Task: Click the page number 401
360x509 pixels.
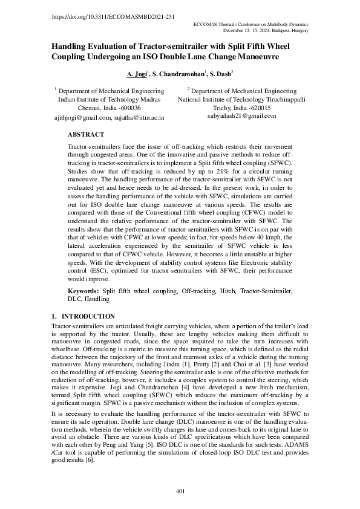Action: pos(180,491)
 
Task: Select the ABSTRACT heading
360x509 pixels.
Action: pos(86,135)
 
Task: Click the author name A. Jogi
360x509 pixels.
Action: pos(137,74)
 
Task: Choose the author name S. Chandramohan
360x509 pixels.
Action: pos(178,74)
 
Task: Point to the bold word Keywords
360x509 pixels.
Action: pos(83,291)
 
